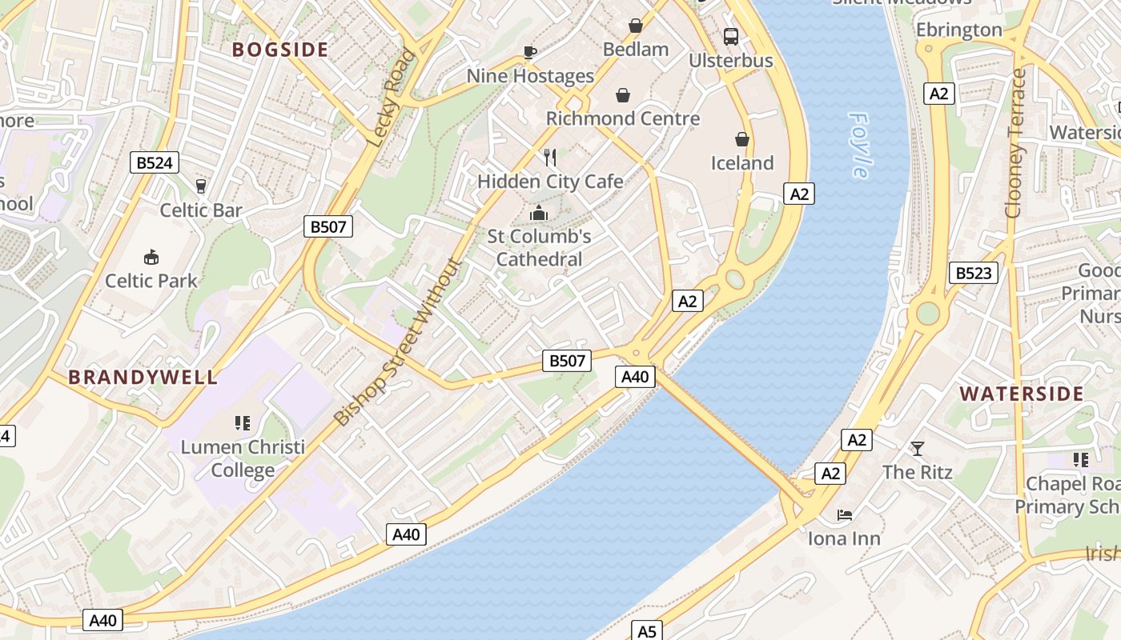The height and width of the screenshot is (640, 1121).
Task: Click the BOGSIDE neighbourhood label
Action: (280, 50)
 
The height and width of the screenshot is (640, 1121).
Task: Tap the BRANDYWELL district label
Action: (143, 378)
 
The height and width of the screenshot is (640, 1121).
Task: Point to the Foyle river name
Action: (859, 145)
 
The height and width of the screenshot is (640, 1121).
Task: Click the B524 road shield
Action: (155, 163)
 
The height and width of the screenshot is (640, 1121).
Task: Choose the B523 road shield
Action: (974, 273)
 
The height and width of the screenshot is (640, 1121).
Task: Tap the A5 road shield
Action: (646, 631)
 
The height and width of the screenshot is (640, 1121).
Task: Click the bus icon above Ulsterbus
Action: (731, 36)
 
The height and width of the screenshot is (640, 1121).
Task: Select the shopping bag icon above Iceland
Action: (742, 139)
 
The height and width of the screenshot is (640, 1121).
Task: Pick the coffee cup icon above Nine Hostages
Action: (529, 52)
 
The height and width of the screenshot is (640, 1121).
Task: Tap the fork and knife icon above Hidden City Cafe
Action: (550, 158)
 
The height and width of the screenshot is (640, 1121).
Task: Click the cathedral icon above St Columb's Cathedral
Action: (539, 213)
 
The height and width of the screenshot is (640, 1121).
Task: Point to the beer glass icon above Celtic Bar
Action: (201, 186)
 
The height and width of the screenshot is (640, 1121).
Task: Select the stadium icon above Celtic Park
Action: (151, 257)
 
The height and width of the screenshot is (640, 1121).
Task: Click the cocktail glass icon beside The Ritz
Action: (918, 449)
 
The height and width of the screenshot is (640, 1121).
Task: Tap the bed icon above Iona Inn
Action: (844, 515)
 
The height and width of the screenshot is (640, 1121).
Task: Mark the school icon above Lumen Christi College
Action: (243, 422)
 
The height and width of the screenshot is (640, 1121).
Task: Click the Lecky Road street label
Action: (392, 98)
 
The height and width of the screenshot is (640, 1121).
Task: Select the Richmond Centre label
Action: (623, 119)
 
